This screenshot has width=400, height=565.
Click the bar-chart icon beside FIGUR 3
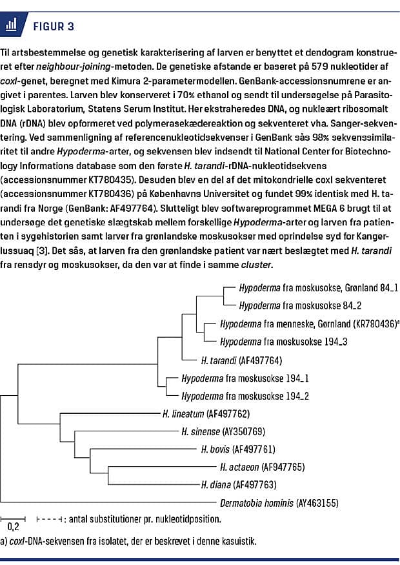[x=10, y=26]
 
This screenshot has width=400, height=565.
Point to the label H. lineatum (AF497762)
[x=206, y=413]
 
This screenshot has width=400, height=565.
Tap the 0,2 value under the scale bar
[x=13, y=527]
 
